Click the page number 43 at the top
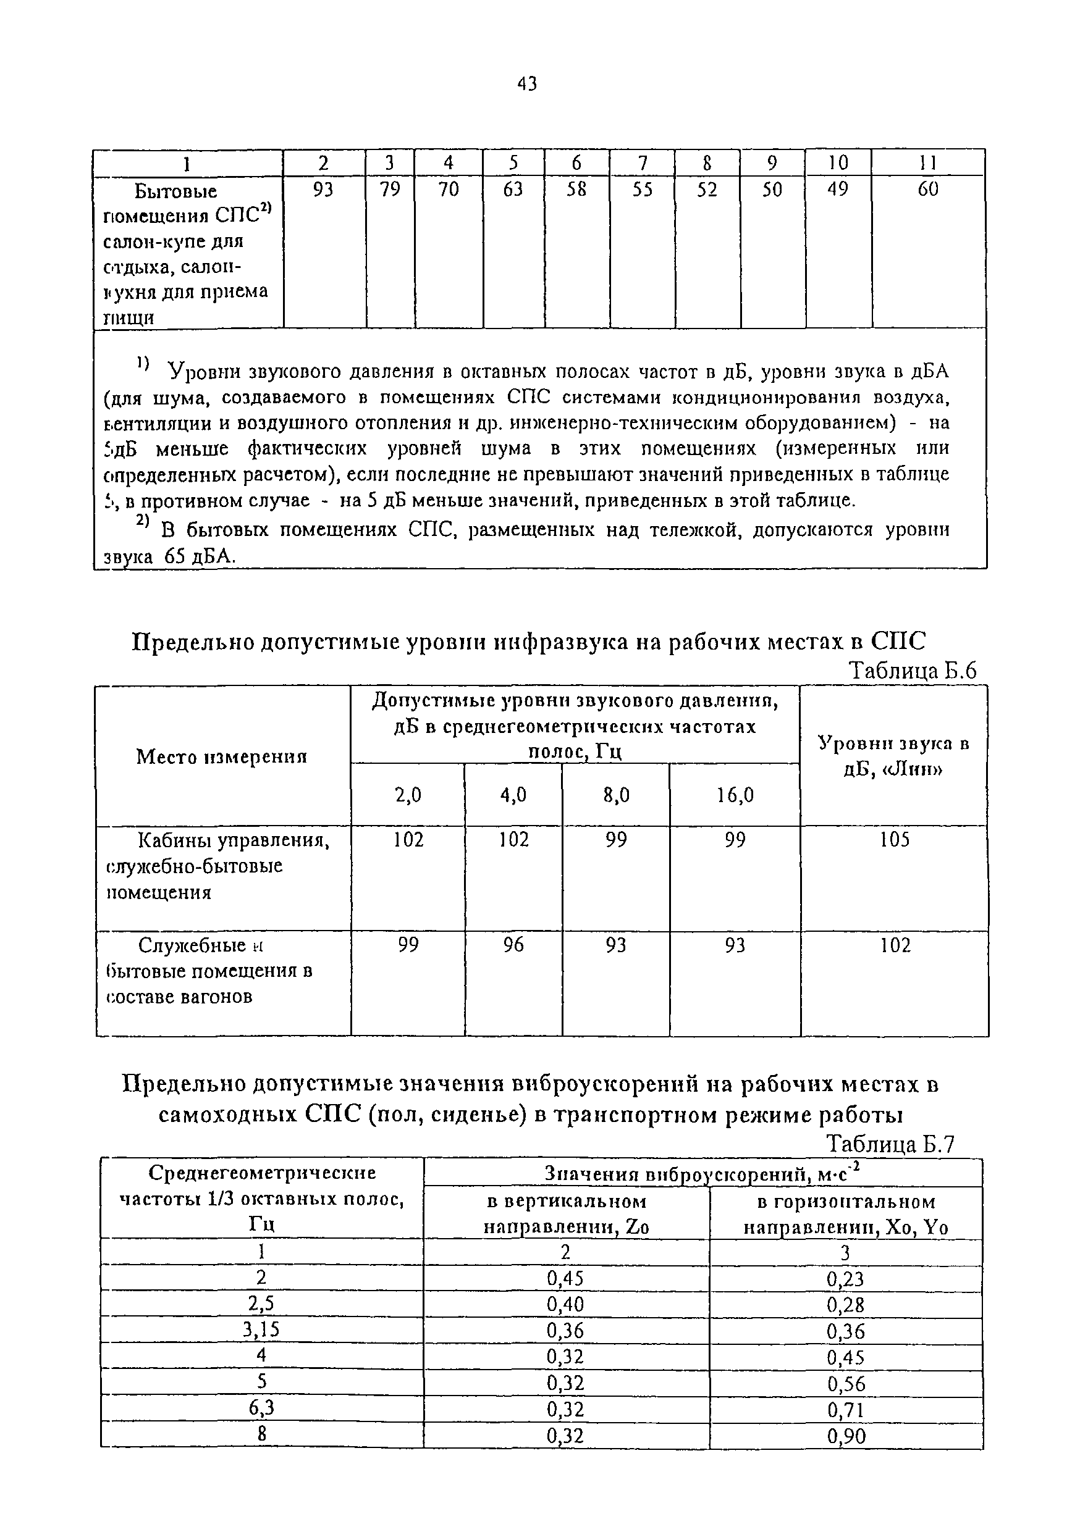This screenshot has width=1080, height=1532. pos(526,84)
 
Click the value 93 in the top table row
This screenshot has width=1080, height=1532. pos(323,190)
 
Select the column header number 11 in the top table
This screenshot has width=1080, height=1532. pos(928,163)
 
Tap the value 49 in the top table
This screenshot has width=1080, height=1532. pos(838,190)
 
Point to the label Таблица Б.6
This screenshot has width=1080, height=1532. pos(912,671)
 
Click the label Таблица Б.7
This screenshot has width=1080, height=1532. pos(890,1145)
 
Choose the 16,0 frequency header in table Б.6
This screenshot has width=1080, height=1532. pos(735,795)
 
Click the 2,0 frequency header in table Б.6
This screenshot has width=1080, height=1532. pos(408,795)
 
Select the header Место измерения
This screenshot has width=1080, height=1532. pos(222,756)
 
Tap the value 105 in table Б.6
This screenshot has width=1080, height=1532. pos(895,839)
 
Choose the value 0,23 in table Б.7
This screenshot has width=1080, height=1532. pos(846,1278)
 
